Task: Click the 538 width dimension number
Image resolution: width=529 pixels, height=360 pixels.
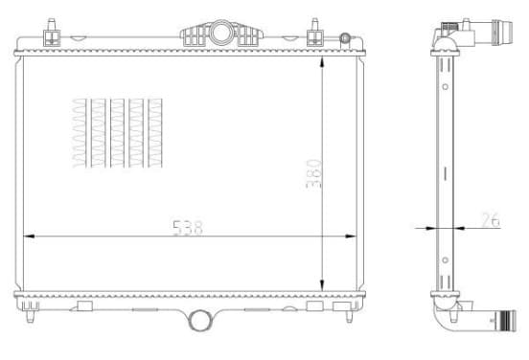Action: pos(188,228)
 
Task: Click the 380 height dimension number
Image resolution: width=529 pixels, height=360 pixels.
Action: pos(313,173)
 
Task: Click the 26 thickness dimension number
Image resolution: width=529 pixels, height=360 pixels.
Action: pos(491,220)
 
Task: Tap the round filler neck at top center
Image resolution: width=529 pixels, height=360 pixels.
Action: pos(221,33)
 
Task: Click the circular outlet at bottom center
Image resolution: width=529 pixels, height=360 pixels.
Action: pos(199,320)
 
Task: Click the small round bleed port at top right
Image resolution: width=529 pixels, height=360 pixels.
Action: pos(345,37)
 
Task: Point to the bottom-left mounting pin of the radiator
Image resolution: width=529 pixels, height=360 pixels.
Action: pos(31,316)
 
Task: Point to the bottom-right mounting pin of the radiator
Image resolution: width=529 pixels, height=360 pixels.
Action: pos(349,316)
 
